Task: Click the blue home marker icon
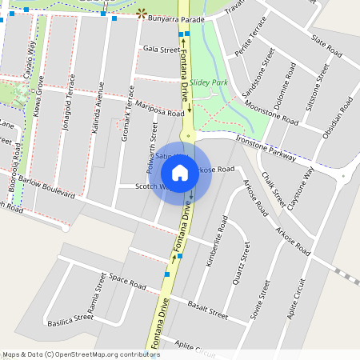tap(180, 171)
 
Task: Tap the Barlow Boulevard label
tap(47, 188)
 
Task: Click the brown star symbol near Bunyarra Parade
tap(142, 14)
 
